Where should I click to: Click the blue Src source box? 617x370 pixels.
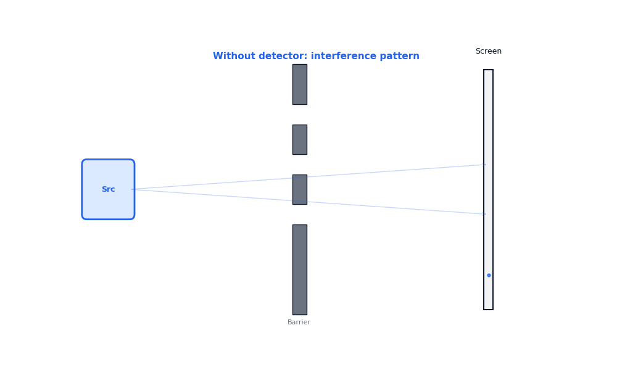(108, 189)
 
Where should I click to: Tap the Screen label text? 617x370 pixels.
(488, 51)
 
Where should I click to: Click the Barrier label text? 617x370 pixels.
(299, 322)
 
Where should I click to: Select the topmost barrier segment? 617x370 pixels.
(300, 84)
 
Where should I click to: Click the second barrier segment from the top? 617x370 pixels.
(300, 139)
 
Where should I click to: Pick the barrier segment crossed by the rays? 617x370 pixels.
(300, 189)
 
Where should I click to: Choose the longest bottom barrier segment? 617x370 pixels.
(300, 269)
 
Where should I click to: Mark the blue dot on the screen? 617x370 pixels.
(489, 275)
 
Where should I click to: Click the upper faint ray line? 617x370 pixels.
(308, 177)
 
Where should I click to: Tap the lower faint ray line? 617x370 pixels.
(308, 202)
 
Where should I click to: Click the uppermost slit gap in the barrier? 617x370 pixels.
(300, 115)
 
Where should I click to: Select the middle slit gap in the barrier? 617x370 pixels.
(300, 165)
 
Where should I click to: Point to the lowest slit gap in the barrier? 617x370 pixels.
(300, 215)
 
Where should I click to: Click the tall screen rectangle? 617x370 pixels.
(488, 189)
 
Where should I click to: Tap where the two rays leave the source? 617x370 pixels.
(131, 189)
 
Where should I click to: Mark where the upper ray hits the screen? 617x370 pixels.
(486, 165)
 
